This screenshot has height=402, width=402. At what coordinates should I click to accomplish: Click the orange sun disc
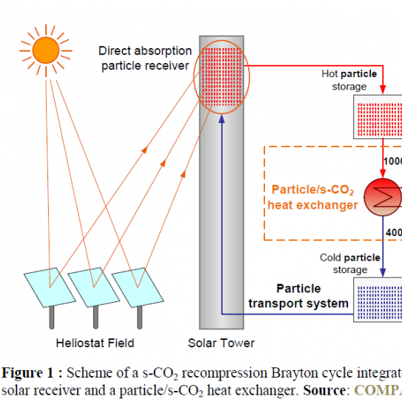click(45, 50)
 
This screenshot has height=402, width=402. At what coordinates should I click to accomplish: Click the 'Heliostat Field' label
click(96, 343)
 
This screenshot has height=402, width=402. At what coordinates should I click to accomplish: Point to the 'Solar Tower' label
click(221, 343)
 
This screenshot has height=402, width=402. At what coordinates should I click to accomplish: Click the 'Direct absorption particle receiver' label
click(145, 58)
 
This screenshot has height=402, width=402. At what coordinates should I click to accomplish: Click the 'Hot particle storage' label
click(349, 80)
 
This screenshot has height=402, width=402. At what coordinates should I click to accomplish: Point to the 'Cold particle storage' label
click(349, 264)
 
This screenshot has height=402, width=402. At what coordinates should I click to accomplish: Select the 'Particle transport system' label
click(298, 295)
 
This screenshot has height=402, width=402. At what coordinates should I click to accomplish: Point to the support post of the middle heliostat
click(95, 317)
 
